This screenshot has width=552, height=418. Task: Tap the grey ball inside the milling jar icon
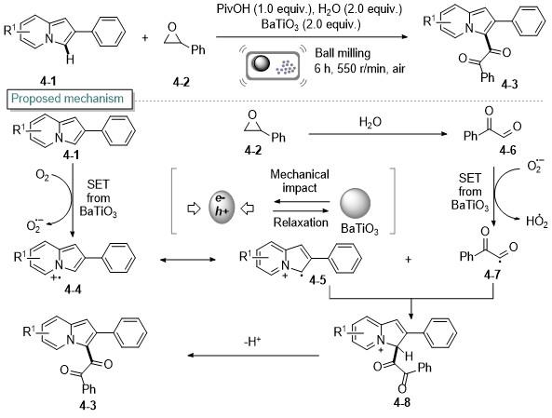click(262, 63)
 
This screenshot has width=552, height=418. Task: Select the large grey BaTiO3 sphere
click(356, 204)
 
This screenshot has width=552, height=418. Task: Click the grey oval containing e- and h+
click(222, 209)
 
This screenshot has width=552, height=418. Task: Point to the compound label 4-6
click(507, 151)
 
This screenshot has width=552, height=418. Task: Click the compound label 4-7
click(491, 275)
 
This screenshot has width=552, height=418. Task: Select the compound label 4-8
click(402, 402)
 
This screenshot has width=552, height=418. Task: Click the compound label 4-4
click(73, 290)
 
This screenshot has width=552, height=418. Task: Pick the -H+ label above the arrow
click(252, 342)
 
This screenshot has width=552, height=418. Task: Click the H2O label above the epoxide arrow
click(370, 122)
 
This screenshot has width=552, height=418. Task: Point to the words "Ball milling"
click(343, 53)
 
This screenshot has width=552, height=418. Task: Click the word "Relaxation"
click(301, 222)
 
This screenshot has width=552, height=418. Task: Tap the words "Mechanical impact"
click(300, 181)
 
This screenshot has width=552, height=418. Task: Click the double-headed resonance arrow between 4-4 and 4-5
click(188, 260)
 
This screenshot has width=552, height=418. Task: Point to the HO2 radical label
click(537, 222)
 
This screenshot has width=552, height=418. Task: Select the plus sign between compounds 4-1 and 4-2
click(145, 37)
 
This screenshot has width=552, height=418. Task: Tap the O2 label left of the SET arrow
click(43, 176)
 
